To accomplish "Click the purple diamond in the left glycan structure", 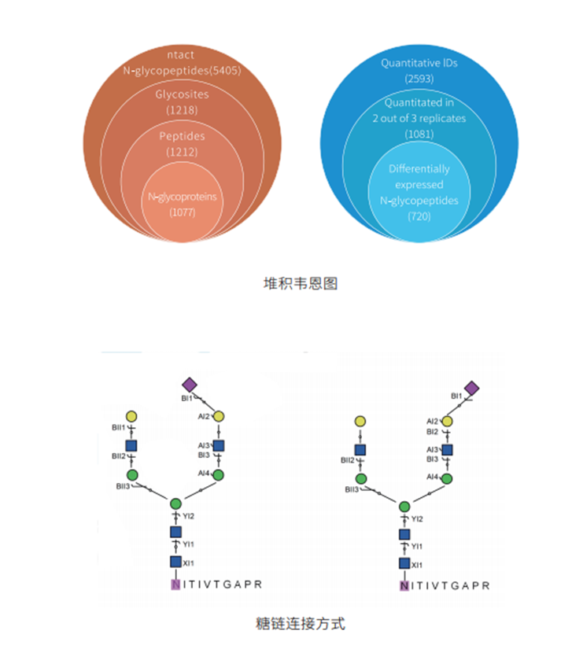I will click(189, 385).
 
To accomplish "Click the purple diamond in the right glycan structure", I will click(471, 388).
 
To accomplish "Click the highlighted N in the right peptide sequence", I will click(404, 586).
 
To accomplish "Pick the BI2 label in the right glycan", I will click(432, 432).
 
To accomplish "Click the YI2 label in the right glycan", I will click(418, 519).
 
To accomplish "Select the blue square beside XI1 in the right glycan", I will click(404, 563).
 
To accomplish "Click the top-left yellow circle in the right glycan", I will click(360, 422).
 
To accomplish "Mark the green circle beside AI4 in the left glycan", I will click(219, 475).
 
